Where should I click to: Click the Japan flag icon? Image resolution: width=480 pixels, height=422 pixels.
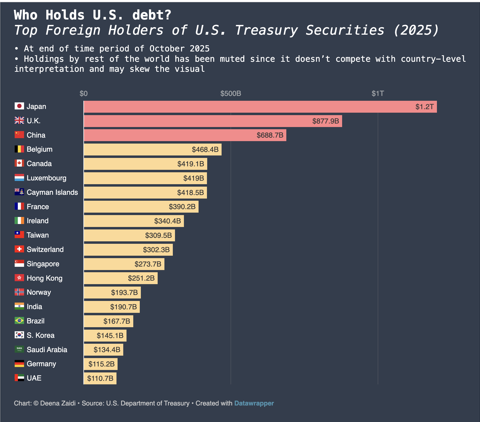[19, 106]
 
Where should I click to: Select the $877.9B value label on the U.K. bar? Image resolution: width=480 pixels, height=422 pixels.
[325, 121]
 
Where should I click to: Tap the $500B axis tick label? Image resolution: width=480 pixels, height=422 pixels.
[231, 93]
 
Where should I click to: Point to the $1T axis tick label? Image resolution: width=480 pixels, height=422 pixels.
[378, 93]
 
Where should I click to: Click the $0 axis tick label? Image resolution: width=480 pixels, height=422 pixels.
[83, 93]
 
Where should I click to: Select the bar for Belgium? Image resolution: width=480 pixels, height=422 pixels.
[153, 150]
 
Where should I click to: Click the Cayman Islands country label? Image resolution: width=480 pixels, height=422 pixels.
[52, 192]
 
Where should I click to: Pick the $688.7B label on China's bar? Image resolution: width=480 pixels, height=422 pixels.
[270, 135]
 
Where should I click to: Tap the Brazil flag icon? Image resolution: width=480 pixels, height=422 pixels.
[19, 321]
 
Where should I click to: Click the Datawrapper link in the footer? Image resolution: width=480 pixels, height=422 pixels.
[254, 403]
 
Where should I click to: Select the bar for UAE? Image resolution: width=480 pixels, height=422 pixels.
[100, 378]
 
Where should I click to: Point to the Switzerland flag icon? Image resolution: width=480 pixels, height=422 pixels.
[19, 249]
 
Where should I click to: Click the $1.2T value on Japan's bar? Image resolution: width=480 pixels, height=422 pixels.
[424, 107]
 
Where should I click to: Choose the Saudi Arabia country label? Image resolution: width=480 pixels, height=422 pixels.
[47, 350]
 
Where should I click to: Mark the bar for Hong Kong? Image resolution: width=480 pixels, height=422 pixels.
[121, 278]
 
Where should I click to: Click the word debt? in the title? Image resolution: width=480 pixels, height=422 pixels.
[152, 15]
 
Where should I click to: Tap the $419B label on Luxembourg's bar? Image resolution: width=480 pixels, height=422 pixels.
[193, 178]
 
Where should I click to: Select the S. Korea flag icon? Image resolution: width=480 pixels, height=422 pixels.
[19, 335]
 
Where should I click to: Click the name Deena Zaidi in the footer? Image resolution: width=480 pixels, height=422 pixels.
[58, 403]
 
